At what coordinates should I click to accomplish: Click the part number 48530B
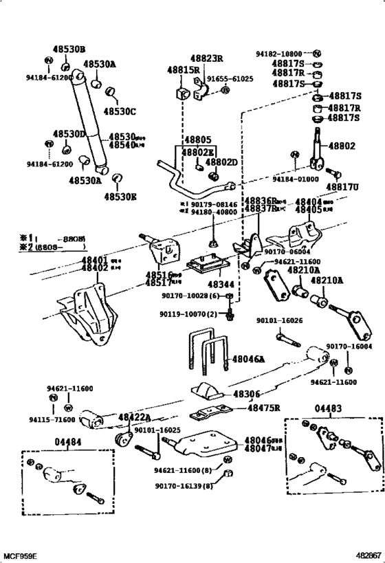point(69,49)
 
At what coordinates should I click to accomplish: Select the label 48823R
point(206,58)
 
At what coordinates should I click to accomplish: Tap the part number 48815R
point(183,70)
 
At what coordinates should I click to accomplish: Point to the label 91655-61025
point(231,79)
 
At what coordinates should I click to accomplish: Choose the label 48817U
point(342,186)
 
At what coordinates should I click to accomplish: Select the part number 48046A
point(248,359)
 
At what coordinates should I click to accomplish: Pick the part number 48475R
point(265,408)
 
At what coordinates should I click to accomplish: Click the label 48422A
point(135,417)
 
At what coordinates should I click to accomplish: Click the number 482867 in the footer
point(367,555)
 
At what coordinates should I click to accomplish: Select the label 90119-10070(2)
point(190,314)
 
